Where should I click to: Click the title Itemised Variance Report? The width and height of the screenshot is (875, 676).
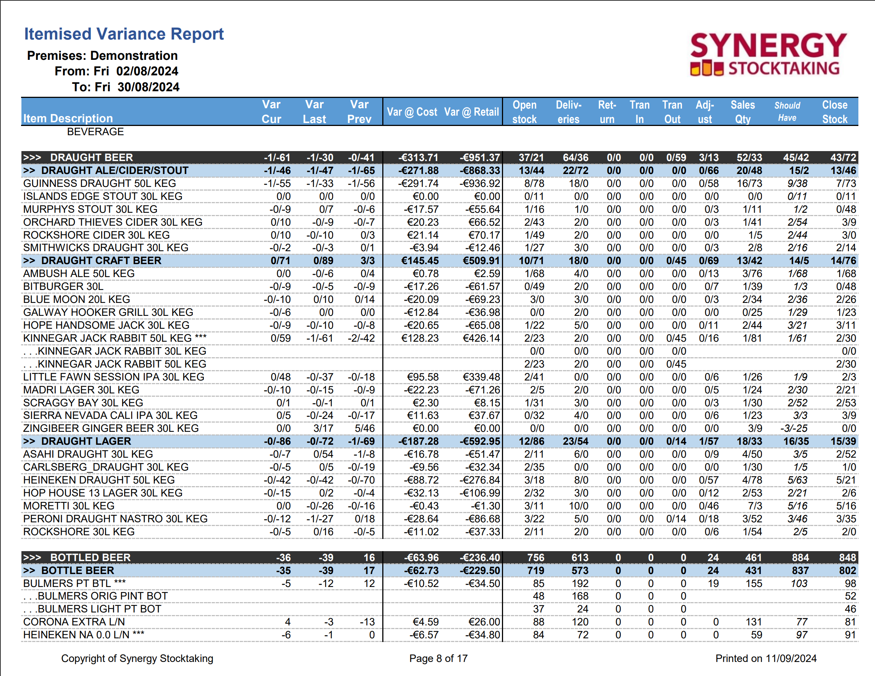pos(124,34)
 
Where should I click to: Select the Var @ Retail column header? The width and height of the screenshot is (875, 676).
pos(472,112)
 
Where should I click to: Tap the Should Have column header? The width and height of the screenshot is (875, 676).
pos(787,112)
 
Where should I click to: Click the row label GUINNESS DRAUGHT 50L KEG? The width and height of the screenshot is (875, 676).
pos(99,184)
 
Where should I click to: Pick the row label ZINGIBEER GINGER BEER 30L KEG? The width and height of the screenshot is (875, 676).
pos(111,429)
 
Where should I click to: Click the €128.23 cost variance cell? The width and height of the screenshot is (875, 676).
pos(420,338)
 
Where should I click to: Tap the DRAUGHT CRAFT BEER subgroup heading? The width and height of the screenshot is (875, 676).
pos(101,260)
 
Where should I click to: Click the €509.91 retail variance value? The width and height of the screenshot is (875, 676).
pos(481,260)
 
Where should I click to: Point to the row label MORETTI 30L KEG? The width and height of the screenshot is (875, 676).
pos(69,506)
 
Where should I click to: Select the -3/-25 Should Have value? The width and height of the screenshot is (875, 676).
pos(794,429)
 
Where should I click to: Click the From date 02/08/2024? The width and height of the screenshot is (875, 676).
pos(147,71)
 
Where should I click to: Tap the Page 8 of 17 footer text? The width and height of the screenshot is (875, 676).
pos(438,658)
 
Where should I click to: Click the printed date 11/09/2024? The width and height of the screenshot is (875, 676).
pos(790,658)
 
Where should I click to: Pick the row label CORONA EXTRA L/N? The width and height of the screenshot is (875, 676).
pos(74,622)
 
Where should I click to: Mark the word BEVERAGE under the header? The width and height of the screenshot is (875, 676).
pos(95,132)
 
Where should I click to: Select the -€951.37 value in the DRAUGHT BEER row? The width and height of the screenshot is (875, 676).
pos(479,157)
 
